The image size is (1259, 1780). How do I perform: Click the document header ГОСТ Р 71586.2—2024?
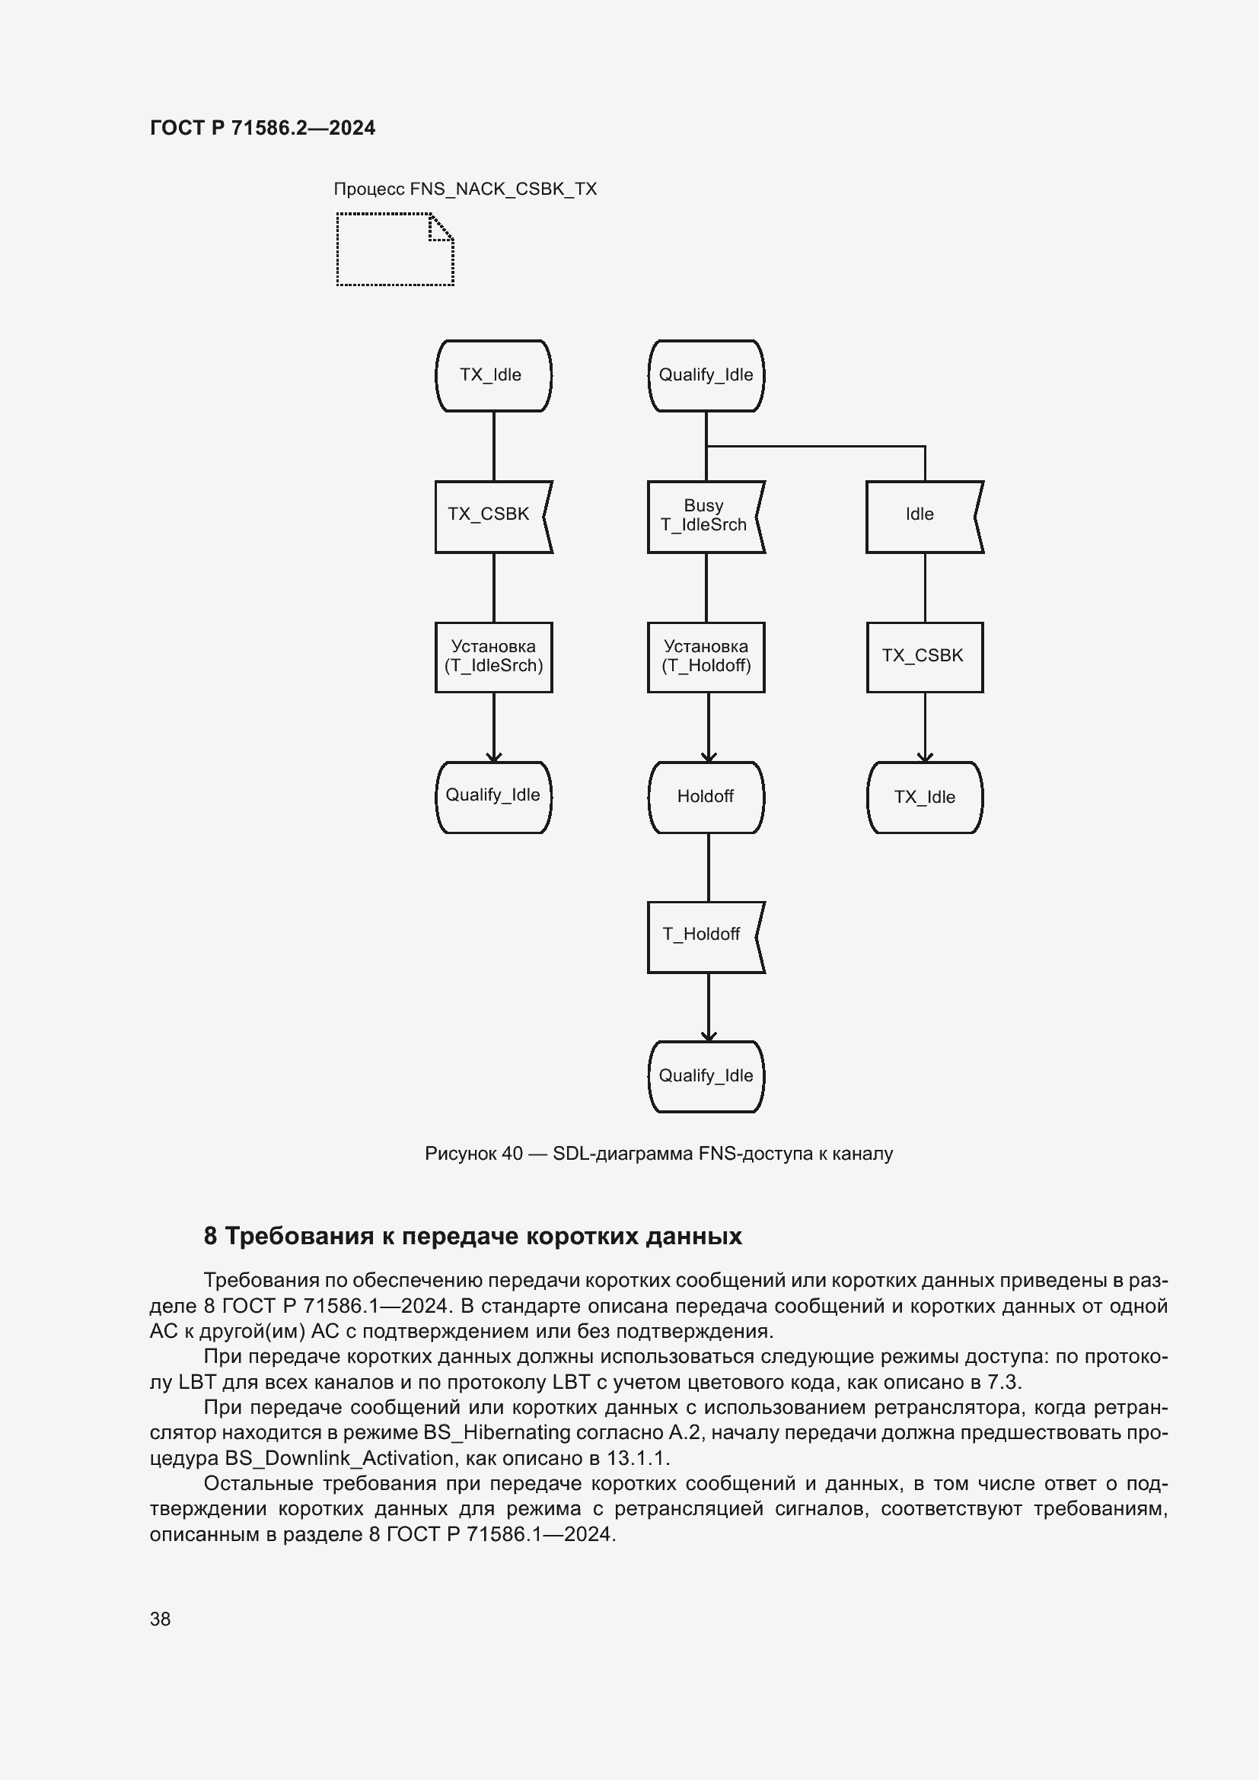coord(262,128)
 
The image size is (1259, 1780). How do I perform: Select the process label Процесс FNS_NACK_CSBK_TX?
coord(464,189)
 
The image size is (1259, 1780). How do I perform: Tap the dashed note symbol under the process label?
coord(394,250)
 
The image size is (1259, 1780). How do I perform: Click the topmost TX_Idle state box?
coord(493,375)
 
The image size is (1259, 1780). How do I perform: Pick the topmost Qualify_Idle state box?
coord(706,375)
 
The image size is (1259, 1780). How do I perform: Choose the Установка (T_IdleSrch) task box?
coord(493,657)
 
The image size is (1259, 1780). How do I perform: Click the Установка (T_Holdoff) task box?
coord(706,657)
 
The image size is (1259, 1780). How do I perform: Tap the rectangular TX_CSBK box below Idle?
coord(924,657)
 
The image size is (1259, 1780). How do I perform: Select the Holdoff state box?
coord(706,797)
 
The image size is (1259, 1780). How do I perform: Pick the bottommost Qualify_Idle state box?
coord(706,1076)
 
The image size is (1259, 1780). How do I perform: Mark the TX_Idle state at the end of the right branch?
coord(924,797)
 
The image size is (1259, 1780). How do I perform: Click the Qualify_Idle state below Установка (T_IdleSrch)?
coord(493,797)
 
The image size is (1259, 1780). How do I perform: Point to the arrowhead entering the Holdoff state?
coord(709,756)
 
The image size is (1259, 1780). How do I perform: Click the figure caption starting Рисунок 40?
coord(658,1154)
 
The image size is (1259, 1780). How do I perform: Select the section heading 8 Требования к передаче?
coord(472,1237)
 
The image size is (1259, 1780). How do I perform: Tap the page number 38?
coord(161,1619)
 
